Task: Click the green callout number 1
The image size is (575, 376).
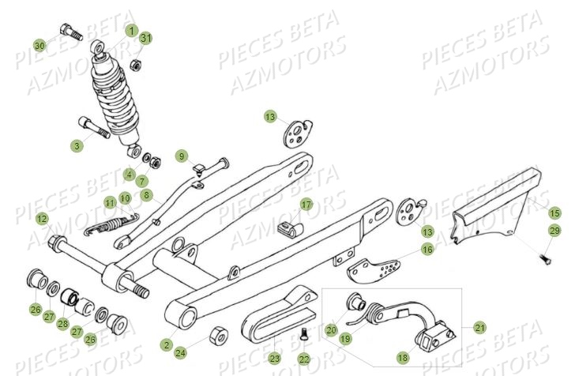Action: [131, 31]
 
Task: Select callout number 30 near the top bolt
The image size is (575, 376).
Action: [39, 46]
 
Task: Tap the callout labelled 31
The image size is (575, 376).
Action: [145, 38]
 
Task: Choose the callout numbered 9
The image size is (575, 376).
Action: [180, 155]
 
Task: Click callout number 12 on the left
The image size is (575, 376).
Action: [42, 218]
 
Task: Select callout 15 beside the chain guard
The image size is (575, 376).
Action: [554, 212]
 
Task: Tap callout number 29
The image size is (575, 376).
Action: [554, 230]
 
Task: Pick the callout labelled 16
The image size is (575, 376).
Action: [427, 250]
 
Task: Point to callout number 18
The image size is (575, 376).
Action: [402, 358]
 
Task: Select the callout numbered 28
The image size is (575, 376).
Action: [62, 324]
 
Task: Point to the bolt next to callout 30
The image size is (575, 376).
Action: [68, 35]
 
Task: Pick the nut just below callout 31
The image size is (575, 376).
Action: [135, 64]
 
